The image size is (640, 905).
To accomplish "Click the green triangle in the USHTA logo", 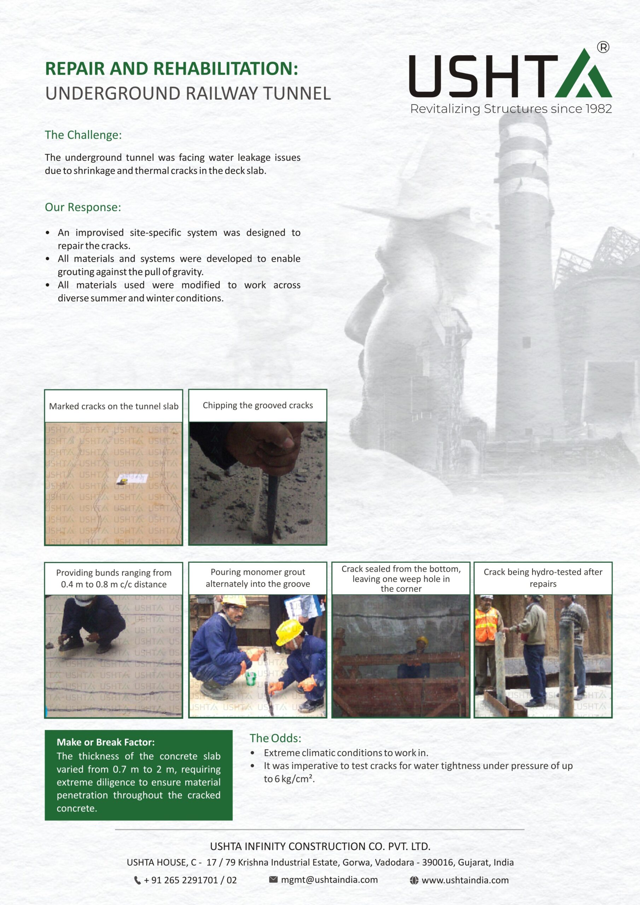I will (x=583, y=77).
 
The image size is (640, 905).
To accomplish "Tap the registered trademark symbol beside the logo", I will (x=603, y=47).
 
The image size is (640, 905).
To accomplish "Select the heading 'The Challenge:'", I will (x=83, y=135).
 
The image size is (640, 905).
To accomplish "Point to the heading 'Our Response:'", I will (x=83, y=207).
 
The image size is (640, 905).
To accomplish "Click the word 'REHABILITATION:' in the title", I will (x=225, y=69).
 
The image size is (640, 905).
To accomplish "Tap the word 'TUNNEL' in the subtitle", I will (x=297, y=93).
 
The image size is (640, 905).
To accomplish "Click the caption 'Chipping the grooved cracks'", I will (x=257, y=405).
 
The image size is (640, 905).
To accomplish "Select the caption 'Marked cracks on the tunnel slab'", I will (x=114, y=406).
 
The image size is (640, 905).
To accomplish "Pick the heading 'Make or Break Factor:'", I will (x=106, y=742).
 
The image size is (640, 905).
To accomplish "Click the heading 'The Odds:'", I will (x=275, y=738).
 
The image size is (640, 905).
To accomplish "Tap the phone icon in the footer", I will (x=137, y=880).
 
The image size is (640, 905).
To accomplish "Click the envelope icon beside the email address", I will (x=273, y=880).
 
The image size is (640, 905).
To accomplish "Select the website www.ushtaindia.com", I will (x=465, y=880).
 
